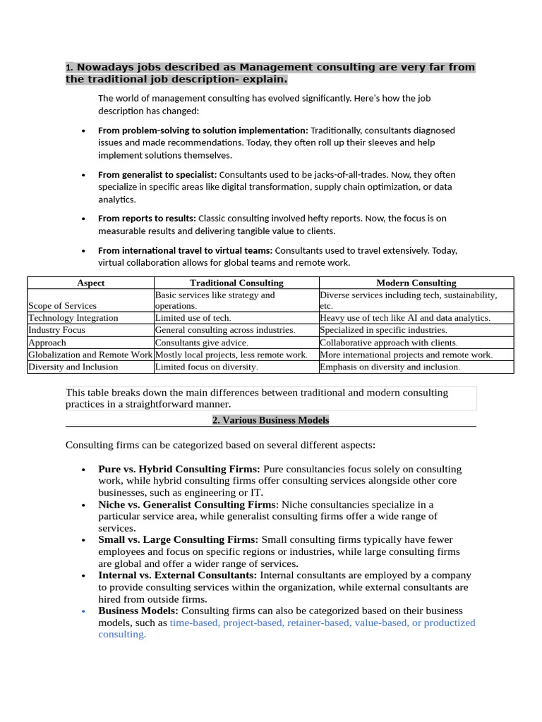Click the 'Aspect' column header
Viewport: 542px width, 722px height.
pyautogui.click(x=90, y=283)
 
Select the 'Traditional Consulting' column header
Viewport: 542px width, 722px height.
pyautogui.click(x=236, y=283)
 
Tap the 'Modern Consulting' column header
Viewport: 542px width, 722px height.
pyautogui.click(x=416, y=283)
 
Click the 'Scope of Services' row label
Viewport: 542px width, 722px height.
pyautogui.click(x=63, y=306)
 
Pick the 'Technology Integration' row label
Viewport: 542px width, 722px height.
pyautogui.click(x=73, y=318)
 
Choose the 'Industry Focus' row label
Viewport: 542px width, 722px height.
pyautogui.click(x=56, y=330)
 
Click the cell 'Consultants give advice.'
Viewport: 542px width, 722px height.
pyautogui.click(x=202, y=343)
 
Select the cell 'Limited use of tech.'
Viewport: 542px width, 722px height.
pyautogui.click(x=193, y=318)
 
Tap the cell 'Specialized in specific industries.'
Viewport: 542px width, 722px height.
pyautogui.click(x=383, y=330)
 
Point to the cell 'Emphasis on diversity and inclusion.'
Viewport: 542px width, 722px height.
pyautogui.click(x=390, y=367)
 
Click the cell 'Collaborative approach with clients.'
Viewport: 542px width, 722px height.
pyautogui.click(x=388, y=343)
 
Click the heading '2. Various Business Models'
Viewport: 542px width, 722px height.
pyautogui.click(x=271, y=420)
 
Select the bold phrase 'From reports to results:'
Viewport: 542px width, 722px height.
pyautogui.click(x=147, y=219)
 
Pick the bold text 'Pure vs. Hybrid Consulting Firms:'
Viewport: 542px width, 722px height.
pyautogui.click(x=179, y=469)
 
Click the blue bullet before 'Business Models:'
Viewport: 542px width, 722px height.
pyautogui.click(x=83, y=611)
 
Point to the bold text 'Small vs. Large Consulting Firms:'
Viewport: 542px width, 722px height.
pyautogui.click(x=179, y=540)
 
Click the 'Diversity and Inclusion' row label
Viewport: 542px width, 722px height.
pyautogui.click(x=73, y=367)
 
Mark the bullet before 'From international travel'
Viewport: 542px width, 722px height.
pyautogui.click(x=83, y=251)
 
